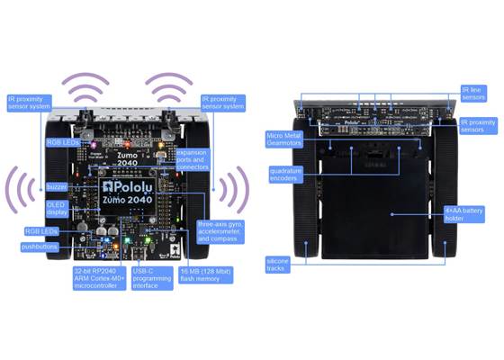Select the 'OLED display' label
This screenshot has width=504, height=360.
coord(58,209)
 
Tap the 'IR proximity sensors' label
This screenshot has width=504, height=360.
coord(477,126)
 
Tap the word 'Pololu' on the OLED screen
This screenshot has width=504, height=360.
coord(135,185)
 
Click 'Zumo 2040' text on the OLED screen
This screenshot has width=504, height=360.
coord(135,200)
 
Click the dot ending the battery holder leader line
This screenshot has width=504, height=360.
coord(393,214)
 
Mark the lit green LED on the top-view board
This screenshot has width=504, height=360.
coord(127,240)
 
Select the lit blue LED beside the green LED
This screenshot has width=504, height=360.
coord(106,240)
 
